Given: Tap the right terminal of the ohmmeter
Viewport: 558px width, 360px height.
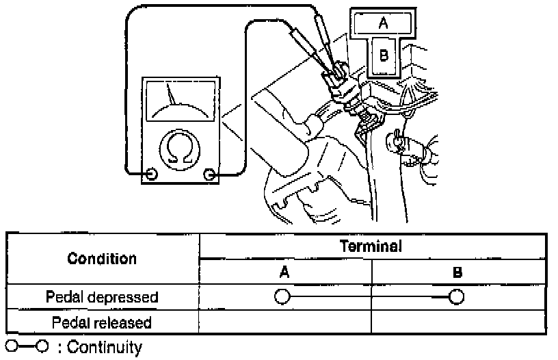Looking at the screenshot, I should click(209, 175).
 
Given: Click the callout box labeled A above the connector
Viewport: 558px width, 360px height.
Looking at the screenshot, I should click(384, 22).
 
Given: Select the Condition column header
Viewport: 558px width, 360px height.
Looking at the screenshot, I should click(102, 259).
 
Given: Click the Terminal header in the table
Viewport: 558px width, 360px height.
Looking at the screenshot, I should click(372, 246).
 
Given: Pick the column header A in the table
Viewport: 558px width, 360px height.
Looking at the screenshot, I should click(284, 272).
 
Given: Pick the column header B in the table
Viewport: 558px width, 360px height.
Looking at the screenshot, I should click(457, 272).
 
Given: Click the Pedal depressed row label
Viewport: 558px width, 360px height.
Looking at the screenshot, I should click(102, 297).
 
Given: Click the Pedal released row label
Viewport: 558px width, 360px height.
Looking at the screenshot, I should click(102, 321).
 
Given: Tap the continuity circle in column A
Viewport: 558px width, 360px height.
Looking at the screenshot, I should click(281, 297).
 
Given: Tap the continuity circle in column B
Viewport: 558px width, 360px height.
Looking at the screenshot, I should click(457, 297).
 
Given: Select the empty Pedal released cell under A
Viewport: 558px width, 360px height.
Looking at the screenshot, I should click(285, 321).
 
